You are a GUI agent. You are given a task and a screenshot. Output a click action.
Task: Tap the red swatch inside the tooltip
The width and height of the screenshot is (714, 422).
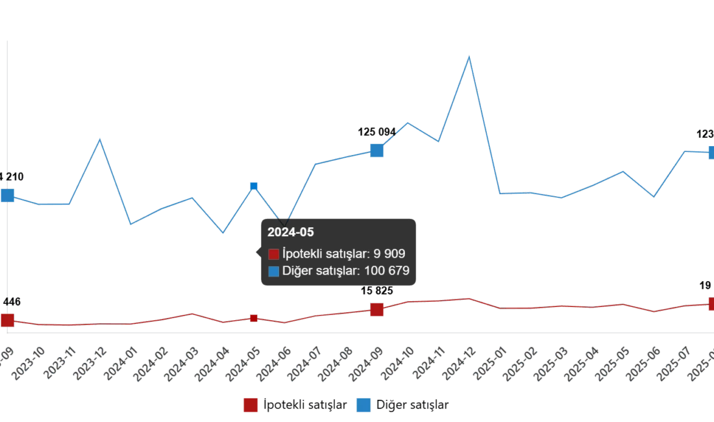[x=273, y=254]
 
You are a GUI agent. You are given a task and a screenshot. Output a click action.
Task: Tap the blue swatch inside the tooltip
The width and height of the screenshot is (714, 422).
[x=273, y=271]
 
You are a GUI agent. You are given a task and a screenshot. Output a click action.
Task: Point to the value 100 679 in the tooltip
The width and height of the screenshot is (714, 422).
[x=388, y=271]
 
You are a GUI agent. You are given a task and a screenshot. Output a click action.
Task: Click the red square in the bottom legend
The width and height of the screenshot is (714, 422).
[x=250, y=405]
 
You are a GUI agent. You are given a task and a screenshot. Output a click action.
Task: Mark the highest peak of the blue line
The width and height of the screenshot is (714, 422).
[x=469, y=56]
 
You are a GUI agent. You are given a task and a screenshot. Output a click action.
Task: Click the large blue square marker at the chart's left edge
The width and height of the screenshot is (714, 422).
[x=6, y=195]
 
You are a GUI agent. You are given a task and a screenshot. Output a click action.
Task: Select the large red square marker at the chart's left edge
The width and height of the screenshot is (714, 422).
[x=6, y=319]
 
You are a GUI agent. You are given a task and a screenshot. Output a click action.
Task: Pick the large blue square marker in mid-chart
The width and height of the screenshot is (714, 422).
[x=376, y=151]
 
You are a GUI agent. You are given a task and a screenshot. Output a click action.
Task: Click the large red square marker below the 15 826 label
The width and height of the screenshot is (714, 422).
[x=376, y=309]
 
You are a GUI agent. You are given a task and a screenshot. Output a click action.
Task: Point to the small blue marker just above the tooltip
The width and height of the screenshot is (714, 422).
[x=254, y=187]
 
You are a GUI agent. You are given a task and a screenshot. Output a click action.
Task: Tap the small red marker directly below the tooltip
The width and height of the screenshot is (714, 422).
[x=254, y=317]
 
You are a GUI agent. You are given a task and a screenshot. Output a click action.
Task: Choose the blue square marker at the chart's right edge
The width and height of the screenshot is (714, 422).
[x=710, y=153]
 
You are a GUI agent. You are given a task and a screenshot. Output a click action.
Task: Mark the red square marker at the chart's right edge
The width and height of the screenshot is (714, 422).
[x=710, y=303]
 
